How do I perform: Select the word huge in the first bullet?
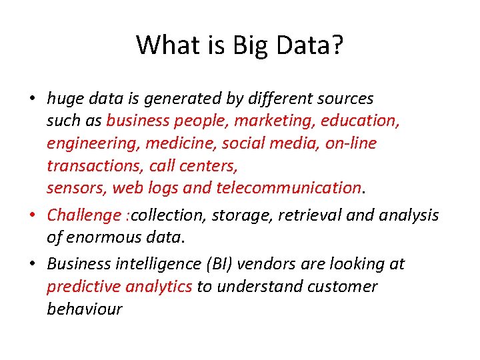(x=64, y=99)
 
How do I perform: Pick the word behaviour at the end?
(x=85, y=309)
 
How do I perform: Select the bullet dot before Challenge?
(x=33, y=215)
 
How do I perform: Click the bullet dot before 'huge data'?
(x=33, y=99)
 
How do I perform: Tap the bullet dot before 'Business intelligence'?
(x=33, y=265)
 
